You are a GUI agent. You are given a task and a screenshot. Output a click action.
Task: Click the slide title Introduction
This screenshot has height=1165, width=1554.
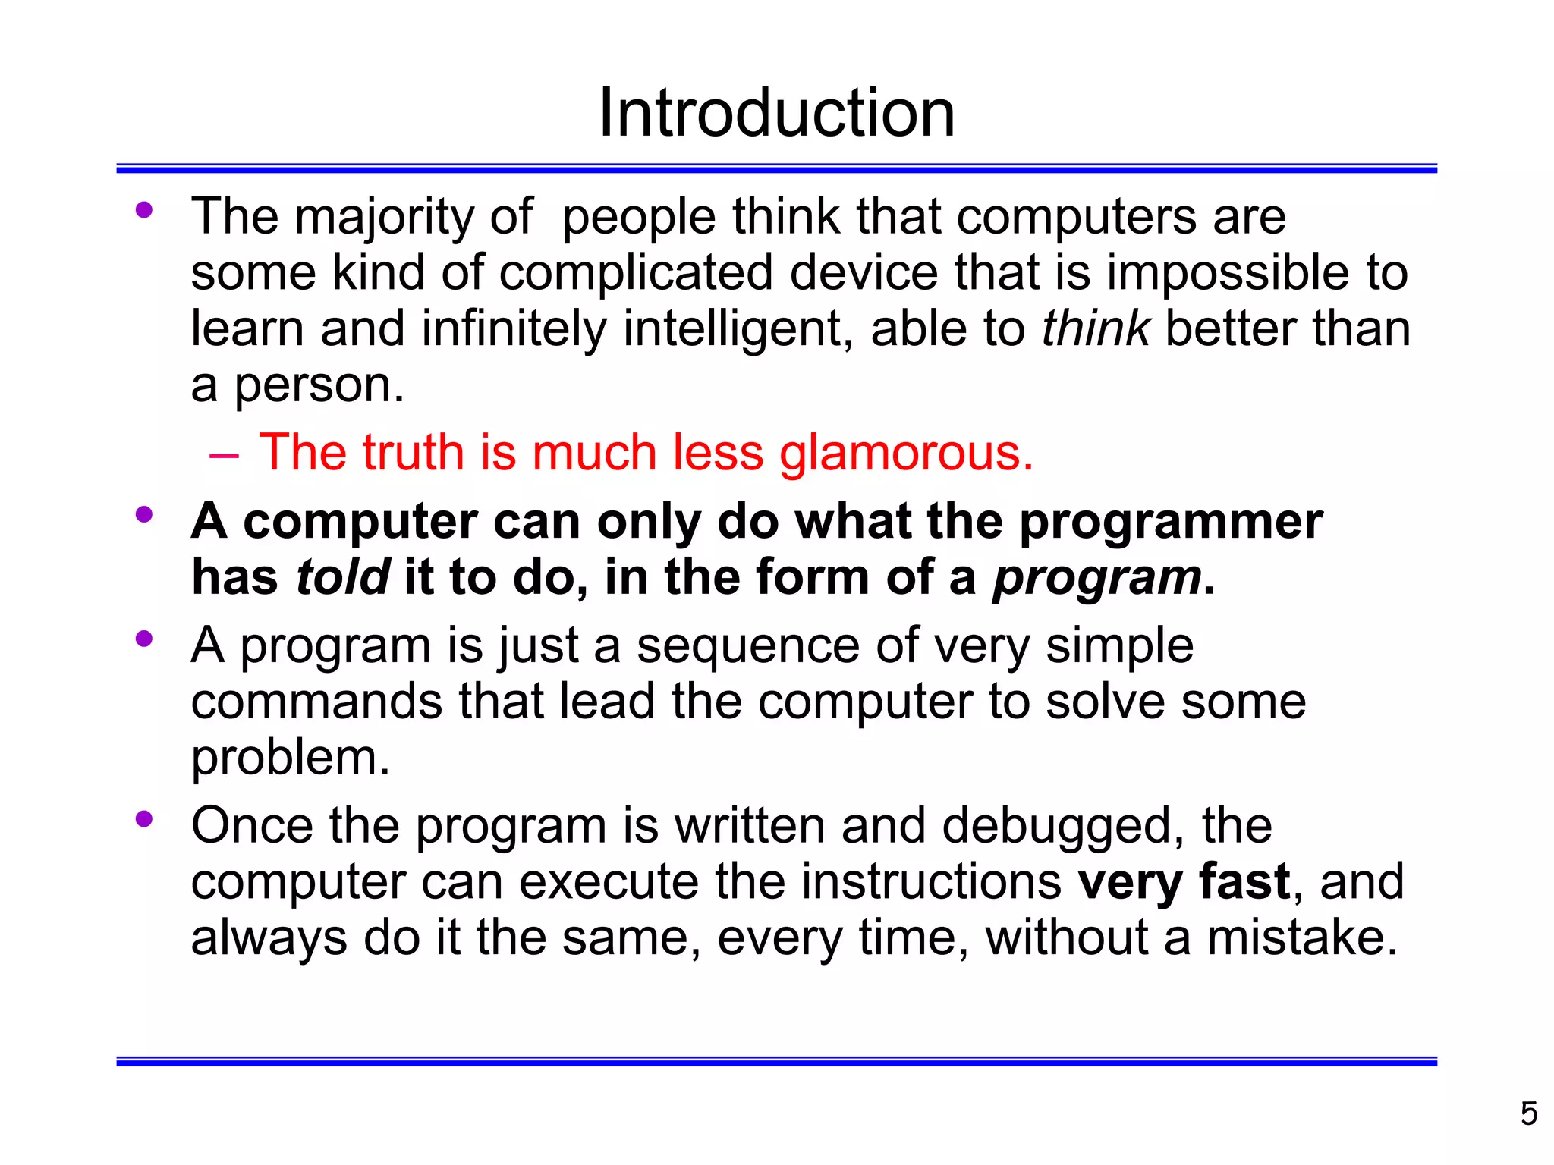tap(776, 113)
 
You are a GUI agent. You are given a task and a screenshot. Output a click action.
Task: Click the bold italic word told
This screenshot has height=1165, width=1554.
tap(343, 577)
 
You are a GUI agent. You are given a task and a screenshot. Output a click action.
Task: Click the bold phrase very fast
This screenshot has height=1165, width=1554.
tap(1184, 881)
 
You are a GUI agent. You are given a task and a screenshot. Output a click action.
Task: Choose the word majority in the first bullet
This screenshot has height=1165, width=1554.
tap(384, 218)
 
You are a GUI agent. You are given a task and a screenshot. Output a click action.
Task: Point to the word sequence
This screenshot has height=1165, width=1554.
tap(747, 647)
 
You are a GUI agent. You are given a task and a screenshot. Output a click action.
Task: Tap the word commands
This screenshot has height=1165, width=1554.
tap(316, 702)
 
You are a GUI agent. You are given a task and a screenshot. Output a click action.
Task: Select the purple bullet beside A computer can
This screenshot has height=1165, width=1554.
tap(143, 516)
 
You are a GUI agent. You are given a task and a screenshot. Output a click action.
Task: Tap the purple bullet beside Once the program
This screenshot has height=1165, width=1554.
tap(143, 819)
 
